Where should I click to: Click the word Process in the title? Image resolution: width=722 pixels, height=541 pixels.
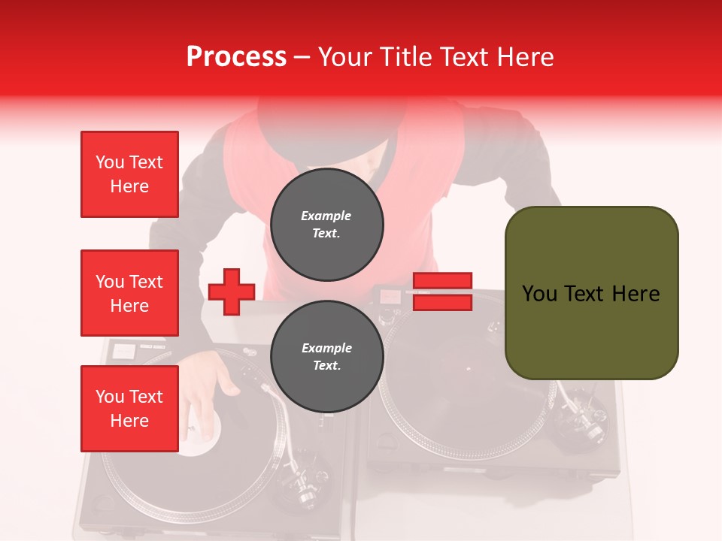236,57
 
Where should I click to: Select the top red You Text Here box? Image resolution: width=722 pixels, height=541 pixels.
129,174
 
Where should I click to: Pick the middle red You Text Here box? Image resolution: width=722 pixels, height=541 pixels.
129,293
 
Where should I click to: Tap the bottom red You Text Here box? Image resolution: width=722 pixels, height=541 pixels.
129,409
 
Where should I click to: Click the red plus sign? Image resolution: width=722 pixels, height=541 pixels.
232,291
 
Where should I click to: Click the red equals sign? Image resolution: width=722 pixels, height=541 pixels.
442,292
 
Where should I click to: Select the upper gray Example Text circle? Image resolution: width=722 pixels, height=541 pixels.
326,225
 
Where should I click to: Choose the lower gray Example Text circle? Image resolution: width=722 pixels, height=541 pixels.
326,356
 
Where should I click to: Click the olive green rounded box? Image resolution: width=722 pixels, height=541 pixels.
591,293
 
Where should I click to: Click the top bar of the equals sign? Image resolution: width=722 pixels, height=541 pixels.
442,281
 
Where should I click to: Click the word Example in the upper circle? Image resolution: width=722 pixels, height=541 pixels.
326,216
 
